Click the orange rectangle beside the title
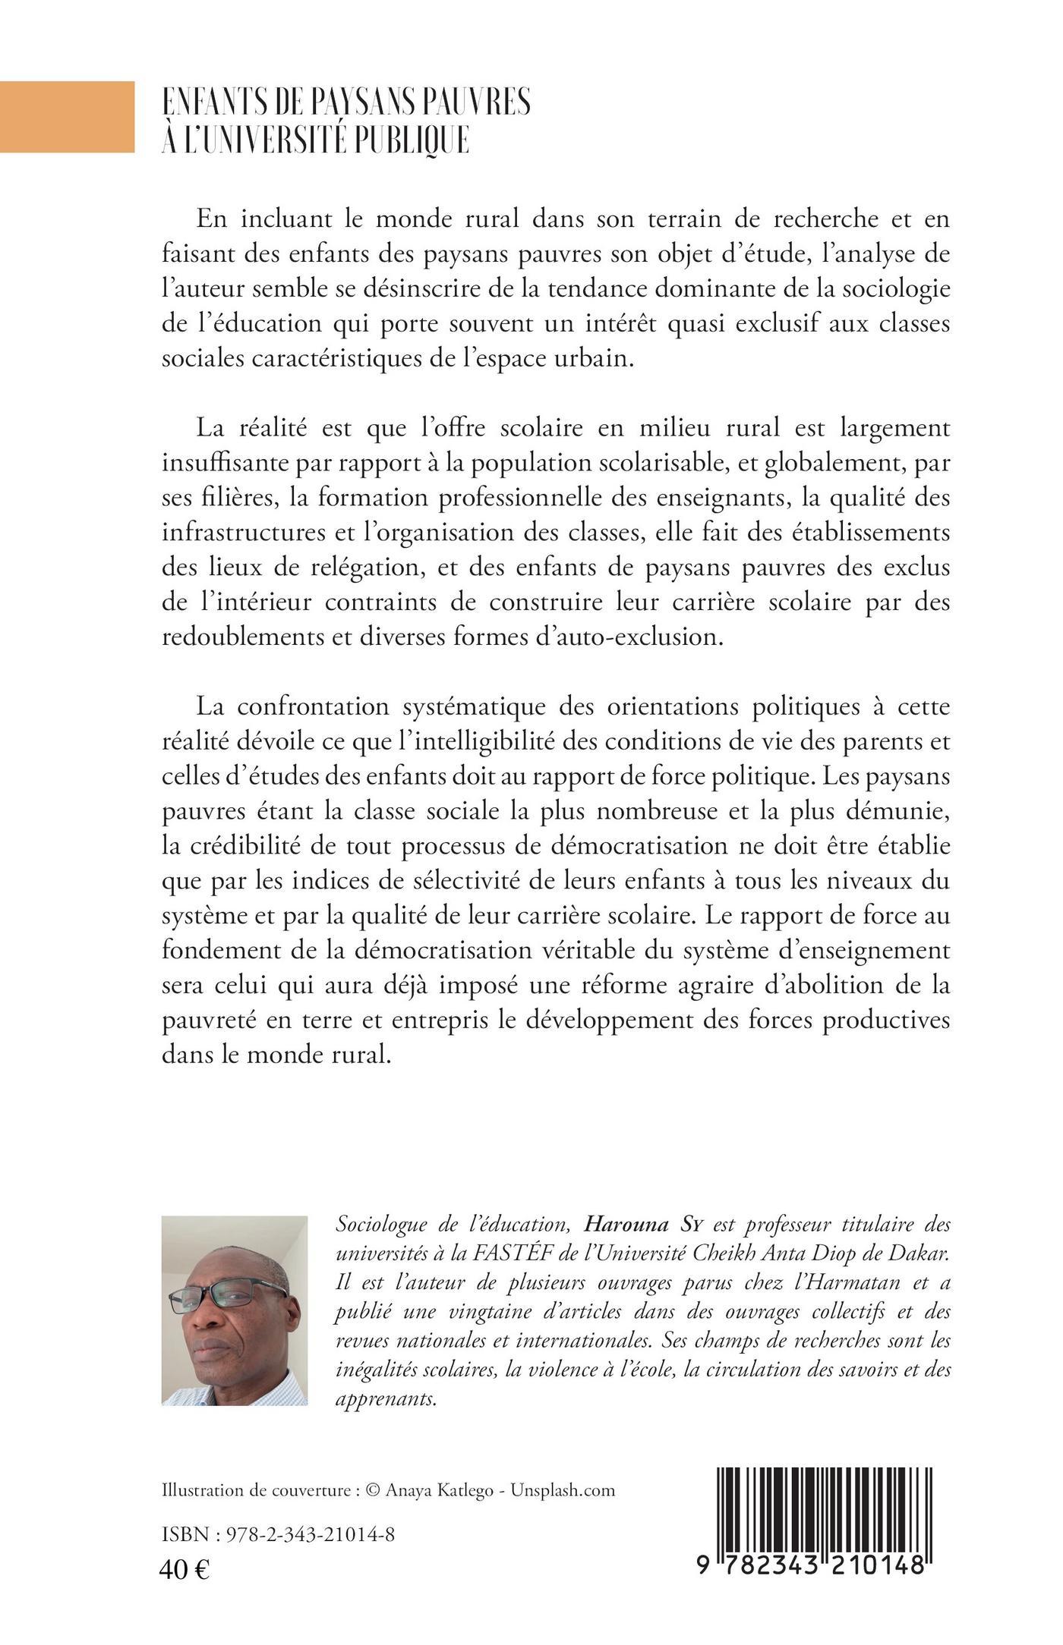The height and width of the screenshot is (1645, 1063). (67, 117)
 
